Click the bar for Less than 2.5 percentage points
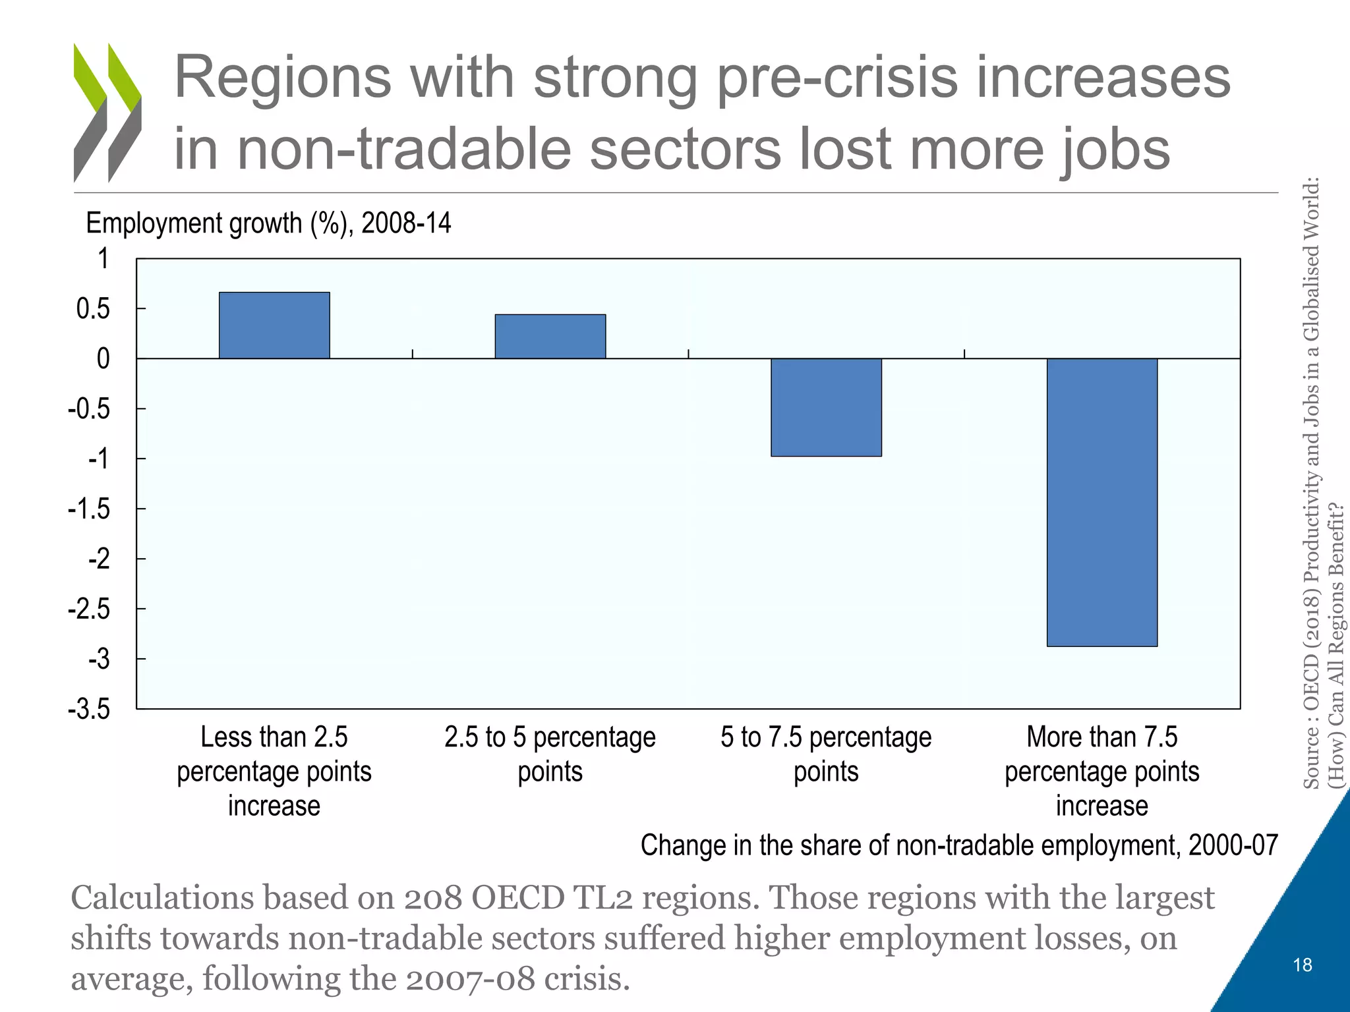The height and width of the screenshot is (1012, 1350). [x=274, y=325]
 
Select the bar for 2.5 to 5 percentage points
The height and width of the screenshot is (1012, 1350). [x=550, y=337]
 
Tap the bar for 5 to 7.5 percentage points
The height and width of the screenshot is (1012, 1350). [x=826, y=407]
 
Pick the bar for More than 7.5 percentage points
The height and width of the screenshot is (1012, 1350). [x=1102, y=502]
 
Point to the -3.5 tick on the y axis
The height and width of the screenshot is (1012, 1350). [x=89, y=710]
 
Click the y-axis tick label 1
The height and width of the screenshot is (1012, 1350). [x=103, y=259]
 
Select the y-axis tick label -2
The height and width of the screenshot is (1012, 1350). [x=99, y=559]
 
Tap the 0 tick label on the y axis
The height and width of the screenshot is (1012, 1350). [x=103, y=359]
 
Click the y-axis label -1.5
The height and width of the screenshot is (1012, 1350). [x=89, y=509]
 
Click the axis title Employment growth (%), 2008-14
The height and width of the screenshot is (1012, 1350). [x=268, y=223]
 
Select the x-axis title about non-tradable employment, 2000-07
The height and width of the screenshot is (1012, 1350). [x=959, y=845]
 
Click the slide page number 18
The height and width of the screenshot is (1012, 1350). [x=1303, y=965]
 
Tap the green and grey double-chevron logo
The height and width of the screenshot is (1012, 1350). [x=107, y=113]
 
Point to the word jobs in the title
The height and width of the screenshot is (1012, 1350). [x=1114, y=149]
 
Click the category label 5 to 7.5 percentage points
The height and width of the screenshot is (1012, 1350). [x=826, y=754]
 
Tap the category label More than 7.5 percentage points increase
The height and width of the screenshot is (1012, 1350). [x=1102, y=772]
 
